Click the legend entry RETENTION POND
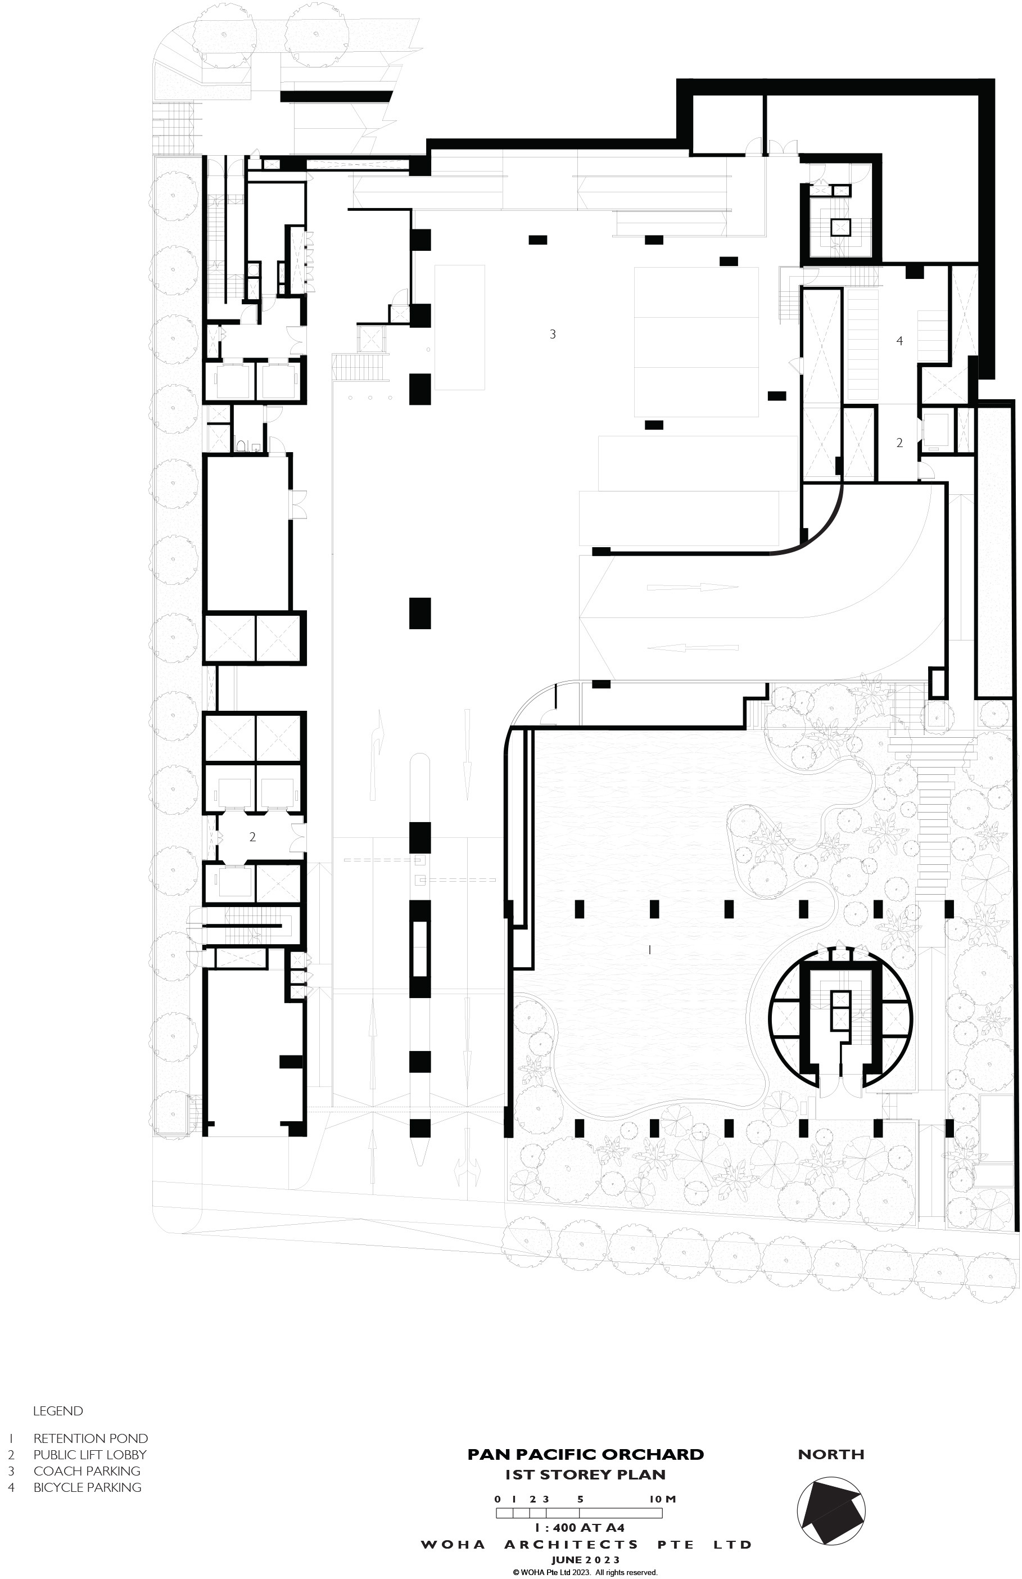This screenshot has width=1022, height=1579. (90, 1438)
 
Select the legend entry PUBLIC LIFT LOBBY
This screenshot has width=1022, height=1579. (89, 1454)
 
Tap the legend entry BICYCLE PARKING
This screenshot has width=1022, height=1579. (88, 1487)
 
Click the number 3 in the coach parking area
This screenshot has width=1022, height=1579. (553, 335)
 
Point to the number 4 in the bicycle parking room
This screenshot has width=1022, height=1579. (899, 341)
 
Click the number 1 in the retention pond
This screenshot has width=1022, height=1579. (649, 950)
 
